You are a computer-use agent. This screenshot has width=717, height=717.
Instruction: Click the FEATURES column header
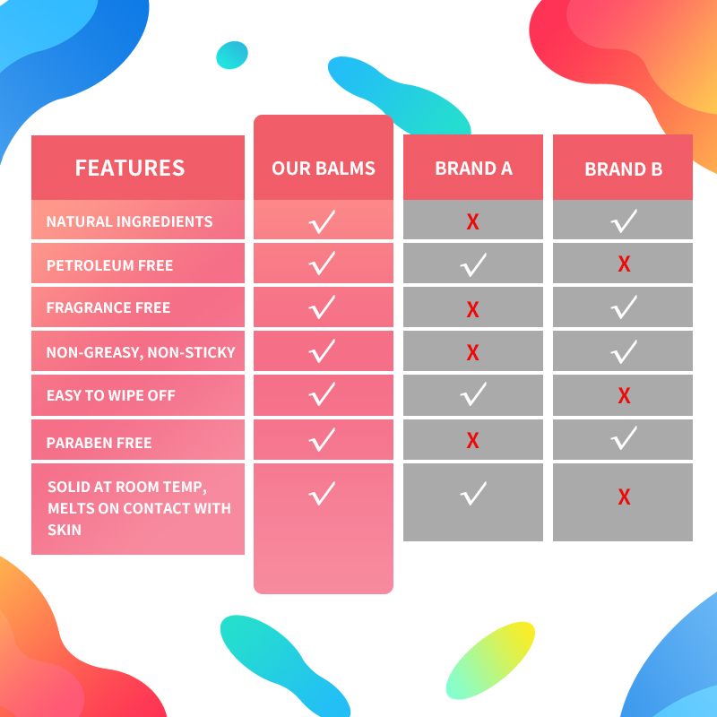pos(130,168)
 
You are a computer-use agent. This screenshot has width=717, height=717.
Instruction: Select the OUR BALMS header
pos(324,168)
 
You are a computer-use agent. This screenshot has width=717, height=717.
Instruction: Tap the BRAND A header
pos(473,168)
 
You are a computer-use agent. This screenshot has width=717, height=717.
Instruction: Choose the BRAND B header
pos(623,168)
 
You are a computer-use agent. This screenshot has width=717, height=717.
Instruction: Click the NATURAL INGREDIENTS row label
pos(130,221)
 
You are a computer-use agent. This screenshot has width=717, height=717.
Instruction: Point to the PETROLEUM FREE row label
pos(110,265)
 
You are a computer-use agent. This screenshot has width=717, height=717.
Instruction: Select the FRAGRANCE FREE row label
pos(108,307)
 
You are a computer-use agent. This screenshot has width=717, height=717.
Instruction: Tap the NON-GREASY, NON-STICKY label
pos(141,352)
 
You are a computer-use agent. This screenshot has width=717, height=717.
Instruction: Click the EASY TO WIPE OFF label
pos(111,395)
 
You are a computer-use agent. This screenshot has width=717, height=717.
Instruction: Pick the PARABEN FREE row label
pos(99,443)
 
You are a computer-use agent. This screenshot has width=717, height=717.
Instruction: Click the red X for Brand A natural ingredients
pos(472,222)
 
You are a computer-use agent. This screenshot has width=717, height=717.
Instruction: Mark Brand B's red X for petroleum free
pos(624,264)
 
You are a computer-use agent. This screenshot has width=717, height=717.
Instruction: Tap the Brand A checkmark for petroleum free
pos(472,264)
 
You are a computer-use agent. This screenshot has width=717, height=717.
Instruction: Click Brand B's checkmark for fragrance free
pos(623,307)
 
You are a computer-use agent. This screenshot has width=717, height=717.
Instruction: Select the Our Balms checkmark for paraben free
pos(322,439)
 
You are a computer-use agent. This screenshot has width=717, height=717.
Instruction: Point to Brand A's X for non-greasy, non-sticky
pos(472,353)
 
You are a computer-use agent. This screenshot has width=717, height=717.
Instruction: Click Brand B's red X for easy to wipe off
pos(624,396)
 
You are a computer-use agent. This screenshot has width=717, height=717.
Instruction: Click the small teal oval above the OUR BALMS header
pos(232,55)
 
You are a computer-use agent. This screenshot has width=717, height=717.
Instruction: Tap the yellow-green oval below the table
pos(490,660)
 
